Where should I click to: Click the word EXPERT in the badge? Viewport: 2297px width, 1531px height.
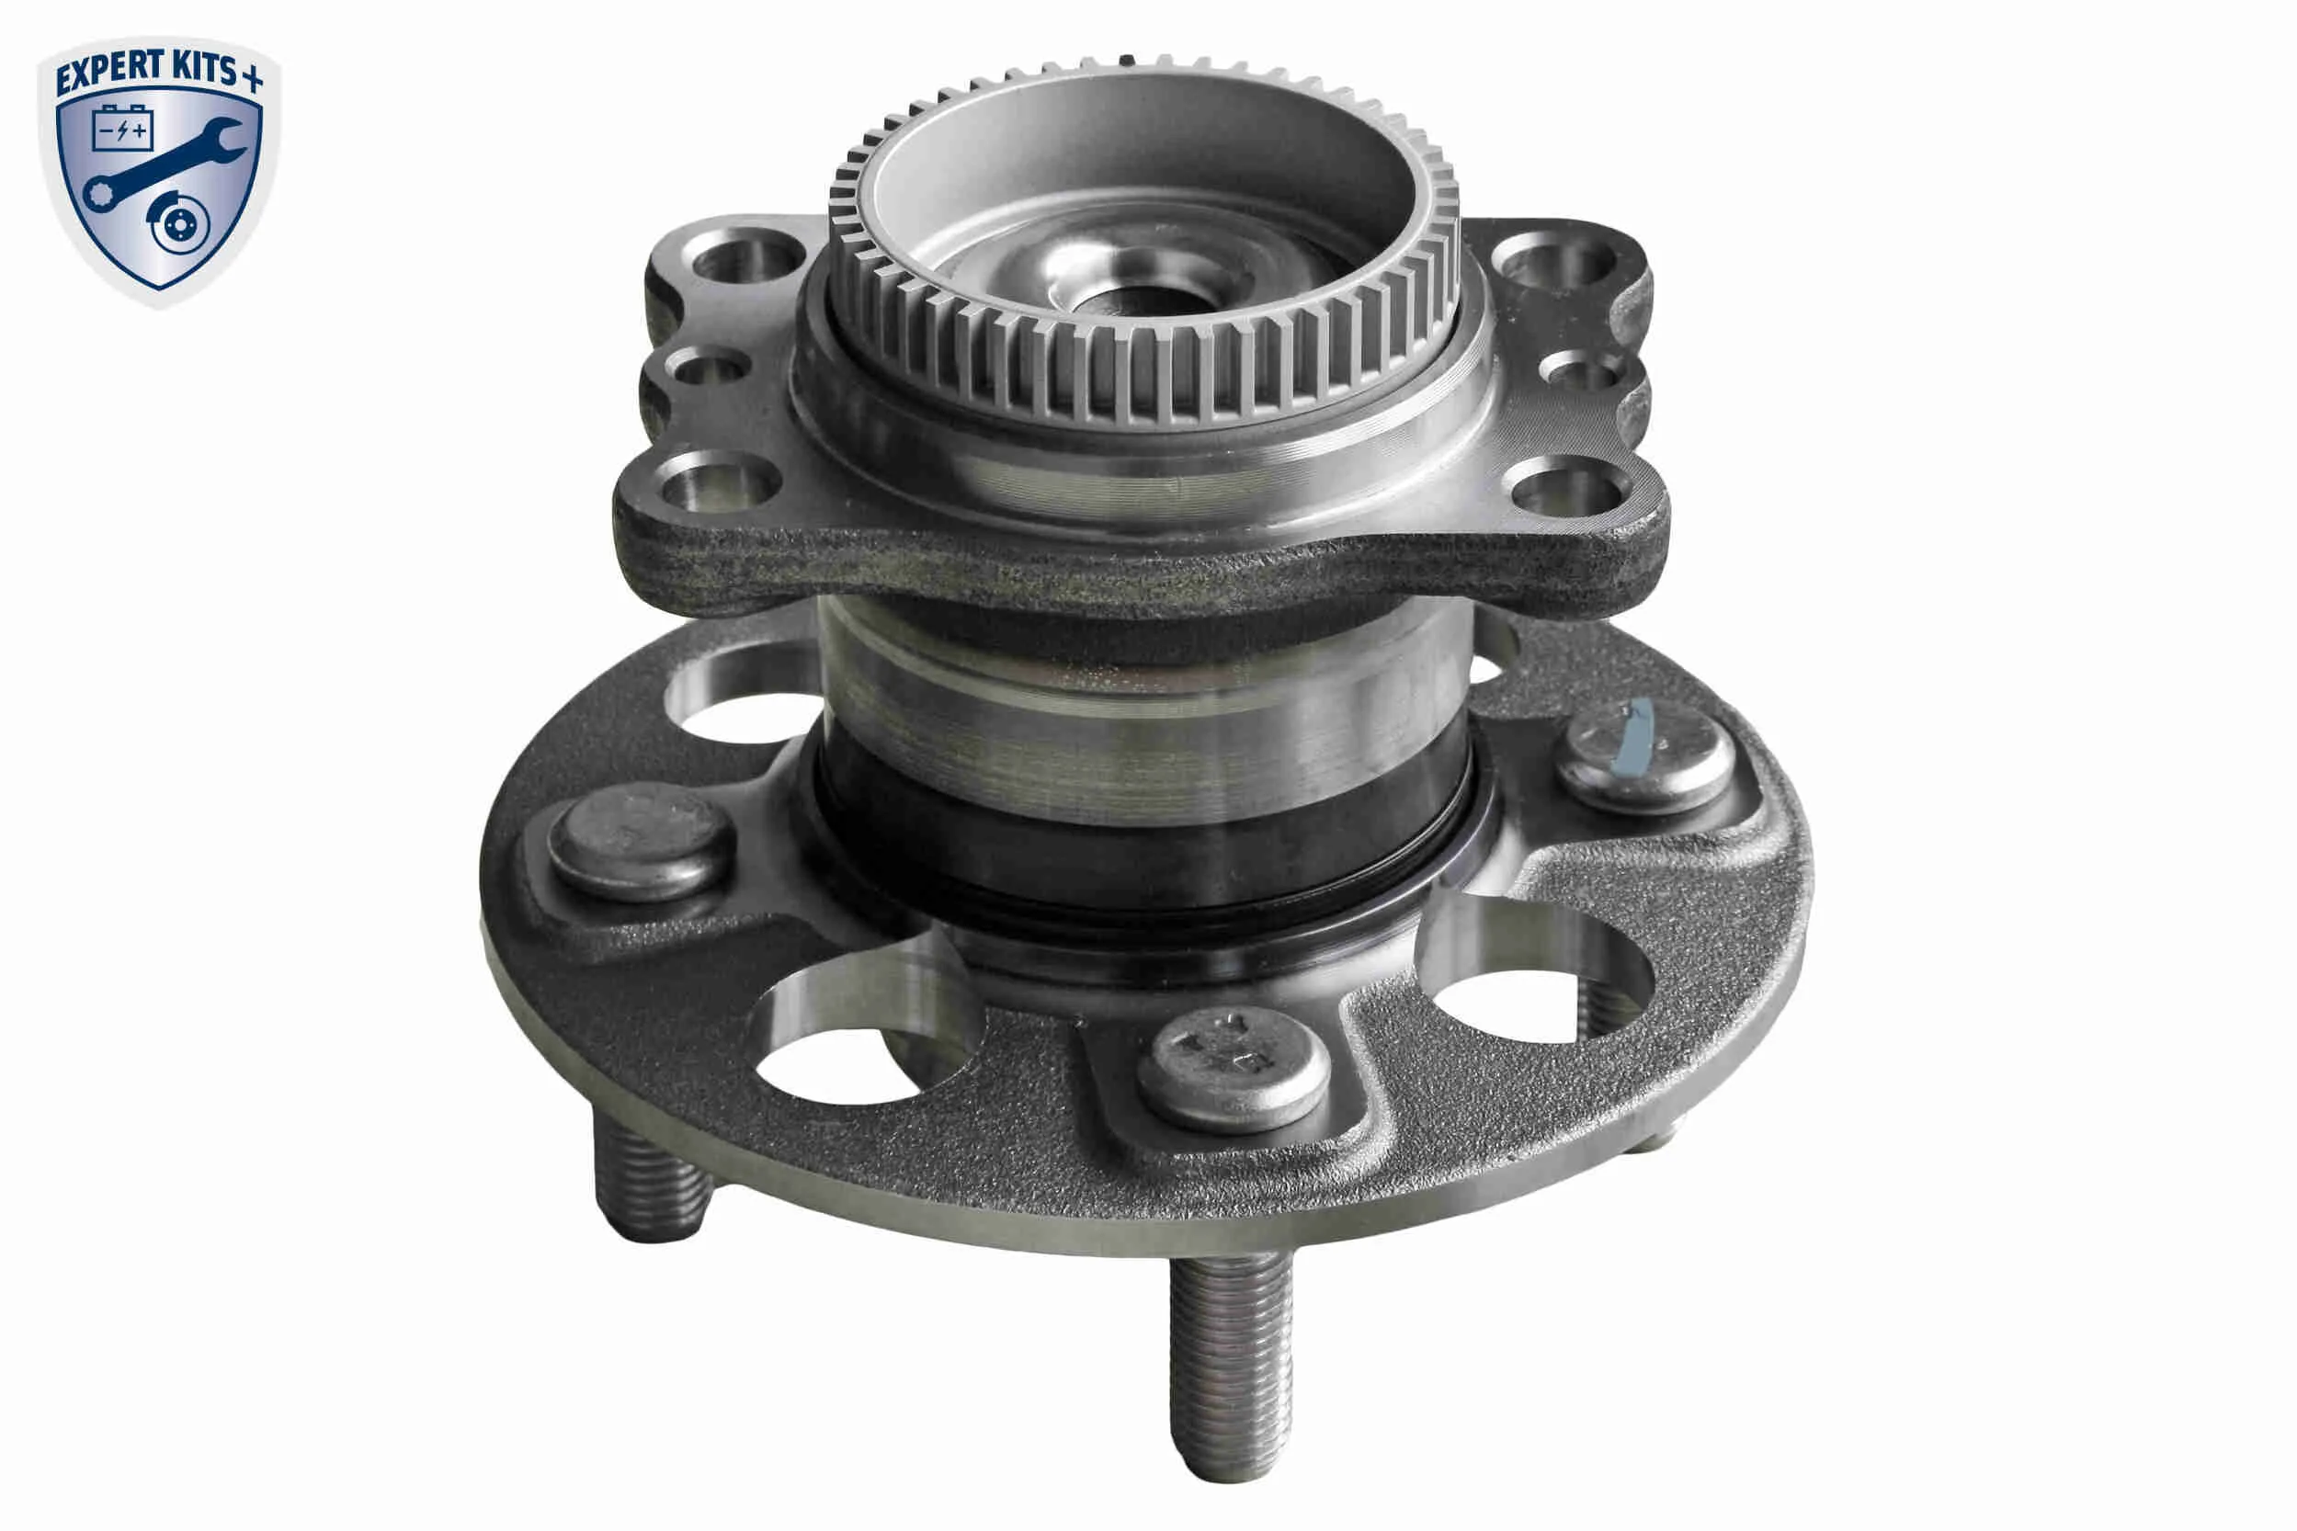point(110,74)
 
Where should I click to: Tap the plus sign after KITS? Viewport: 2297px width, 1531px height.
point(252,78)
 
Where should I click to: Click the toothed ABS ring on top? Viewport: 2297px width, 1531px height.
point(1143,244)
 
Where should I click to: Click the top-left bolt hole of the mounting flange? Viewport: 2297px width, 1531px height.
point(746,256)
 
